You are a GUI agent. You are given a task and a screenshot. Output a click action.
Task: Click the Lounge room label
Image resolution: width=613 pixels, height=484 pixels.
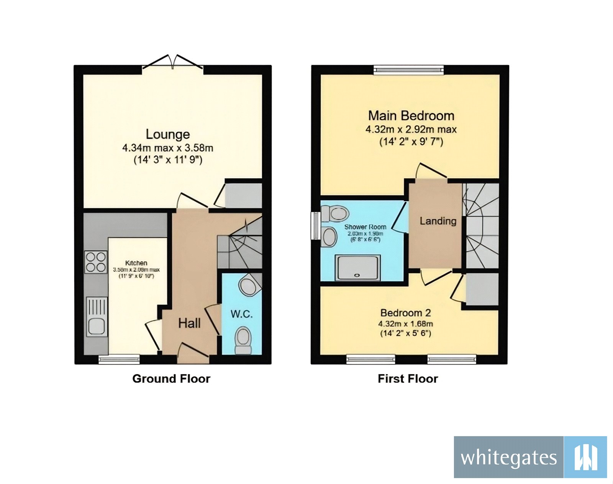tap(168, 134)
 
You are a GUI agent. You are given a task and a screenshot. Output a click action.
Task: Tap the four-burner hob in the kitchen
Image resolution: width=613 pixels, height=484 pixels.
tap(96, 262)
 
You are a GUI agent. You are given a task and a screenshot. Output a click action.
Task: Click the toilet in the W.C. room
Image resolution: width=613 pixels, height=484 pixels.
tap(243, 340)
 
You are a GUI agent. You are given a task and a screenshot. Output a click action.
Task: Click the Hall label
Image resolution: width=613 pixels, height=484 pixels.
tap(189, 323)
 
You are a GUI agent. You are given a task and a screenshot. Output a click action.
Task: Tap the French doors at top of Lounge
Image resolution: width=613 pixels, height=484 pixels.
tap(173, 64)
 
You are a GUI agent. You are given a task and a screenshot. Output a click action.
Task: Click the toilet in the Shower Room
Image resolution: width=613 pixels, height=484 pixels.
tap(334, 213)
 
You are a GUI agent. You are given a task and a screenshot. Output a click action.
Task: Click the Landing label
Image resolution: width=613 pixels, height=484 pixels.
tap(438, 221)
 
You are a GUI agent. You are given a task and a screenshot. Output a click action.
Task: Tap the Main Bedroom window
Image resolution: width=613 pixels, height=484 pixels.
tap(409, 70)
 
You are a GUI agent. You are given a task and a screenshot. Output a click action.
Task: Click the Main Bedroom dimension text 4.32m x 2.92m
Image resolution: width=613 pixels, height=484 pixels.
tap(411, 130)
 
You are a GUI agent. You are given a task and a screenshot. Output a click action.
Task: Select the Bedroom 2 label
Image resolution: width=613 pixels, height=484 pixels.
tap(405, 313)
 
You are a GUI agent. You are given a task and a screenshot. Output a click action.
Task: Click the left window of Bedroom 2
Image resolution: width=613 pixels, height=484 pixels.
tap(370, 359)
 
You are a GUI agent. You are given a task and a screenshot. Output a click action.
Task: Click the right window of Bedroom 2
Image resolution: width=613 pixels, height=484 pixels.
tap(452, 359)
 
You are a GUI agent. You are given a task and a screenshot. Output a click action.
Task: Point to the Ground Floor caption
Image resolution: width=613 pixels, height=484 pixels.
tap(171, 379)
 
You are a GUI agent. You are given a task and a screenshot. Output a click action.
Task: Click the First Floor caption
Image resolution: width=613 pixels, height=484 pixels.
tap(408, 379)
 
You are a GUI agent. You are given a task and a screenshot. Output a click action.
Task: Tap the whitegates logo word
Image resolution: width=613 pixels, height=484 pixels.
tap(508, 458)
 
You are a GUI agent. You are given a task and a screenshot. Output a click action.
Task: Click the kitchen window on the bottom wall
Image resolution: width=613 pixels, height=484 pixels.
tap(119, 359)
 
